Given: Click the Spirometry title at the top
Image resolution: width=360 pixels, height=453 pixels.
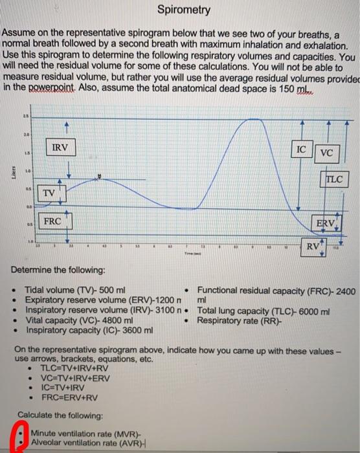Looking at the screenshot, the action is tap(184, 10).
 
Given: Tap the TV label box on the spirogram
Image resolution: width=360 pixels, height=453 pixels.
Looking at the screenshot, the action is tap(49, 193).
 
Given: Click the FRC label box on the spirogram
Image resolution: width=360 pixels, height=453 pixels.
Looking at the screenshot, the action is tap(52, 221).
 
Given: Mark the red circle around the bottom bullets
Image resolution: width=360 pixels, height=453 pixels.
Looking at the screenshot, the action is tap(22, 437).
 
